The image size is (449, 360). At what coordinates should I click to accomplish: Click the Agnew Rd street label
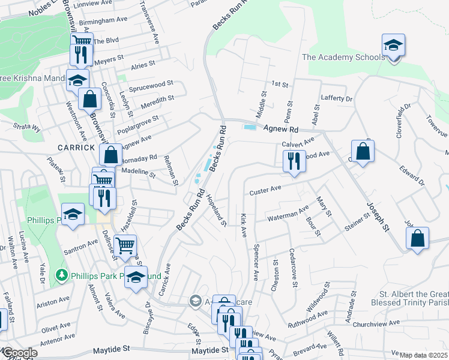[x=281, y=129]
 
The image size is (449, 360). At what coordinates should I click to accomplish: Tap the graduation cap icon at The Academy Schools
[x=393, y=45]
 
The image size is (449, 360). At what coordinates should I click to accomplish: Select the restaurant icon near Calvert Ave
[x=294, y=161]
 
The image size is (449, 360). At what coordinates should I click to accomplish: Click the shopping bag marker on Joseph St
[x=417, y=238]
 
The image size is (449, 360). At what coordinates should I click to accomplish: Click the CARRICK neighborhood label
[x=76, y=147]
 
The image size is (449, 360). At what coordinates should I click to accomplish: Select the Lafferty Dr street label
[x=337, y=98]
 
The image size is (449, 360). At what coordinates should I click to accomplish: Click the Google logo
[x=19, y=353]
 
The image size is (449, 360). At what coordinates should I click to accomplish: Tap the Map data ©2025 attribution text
[x=424, y=355]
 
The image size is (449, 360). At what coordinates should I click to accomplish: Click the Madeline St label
[x=139, y=173]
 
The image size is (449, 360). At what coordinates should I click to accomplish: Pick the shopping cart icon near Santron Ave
[x=125, y=245]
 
